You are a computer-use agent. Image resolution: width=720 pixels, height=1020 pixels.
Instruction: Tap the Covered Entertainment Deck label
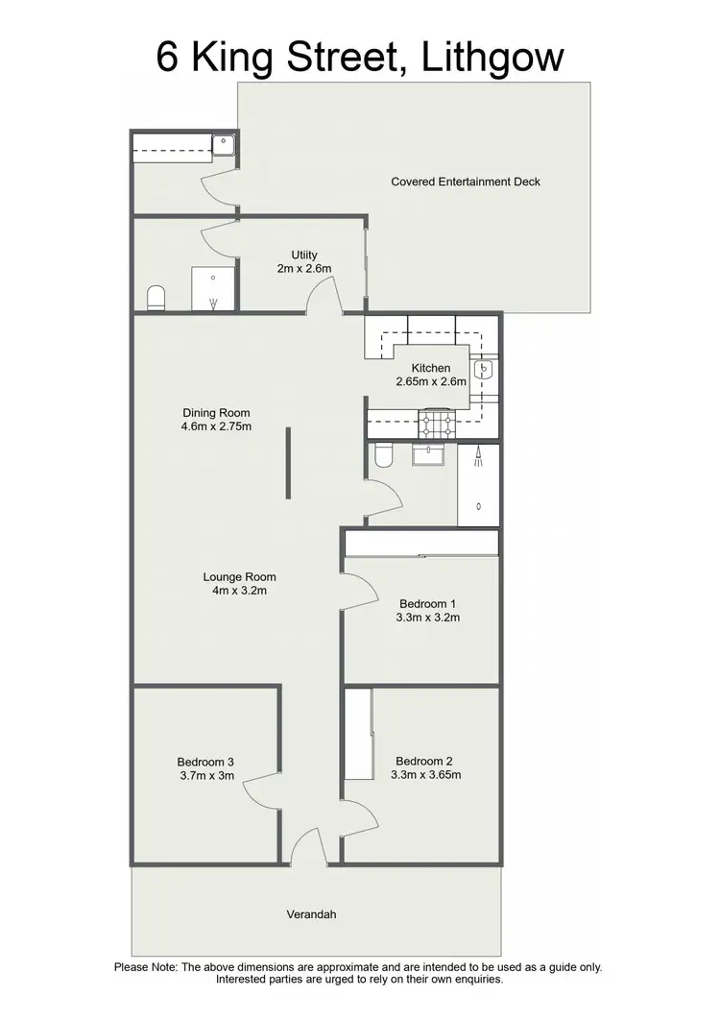point(466,182)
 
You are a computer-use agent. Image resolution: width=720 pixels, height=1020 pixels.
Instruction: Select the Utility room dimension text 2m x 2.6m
point(304,268)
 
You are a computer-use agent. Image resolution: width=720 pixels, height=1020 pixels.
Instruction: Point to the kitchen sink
point(485,368)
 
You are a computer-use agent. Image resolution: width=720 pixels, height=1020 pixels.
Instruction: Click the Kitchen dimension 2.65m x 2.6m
point(431,381)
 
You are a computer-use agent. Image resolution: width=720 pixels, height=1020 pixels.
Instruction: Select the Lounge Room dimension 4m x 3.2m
point(239,591)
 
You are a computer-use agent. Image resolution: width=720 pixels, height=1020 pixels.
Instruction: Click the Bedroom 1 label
point(429,603)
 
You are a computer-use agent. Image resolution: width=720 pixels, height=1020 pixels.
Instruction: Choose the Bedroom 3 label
point(206,762)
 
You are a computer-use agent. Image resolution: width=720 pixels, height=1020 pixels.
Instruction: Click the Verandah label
point(311,914)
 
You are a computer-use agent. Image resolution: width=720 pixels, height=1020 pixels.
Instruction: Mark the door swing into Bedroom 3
point(261,789)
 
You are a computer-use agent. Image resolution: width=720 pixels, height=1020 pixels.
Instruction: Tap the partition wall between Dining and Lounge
point(287,464)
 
